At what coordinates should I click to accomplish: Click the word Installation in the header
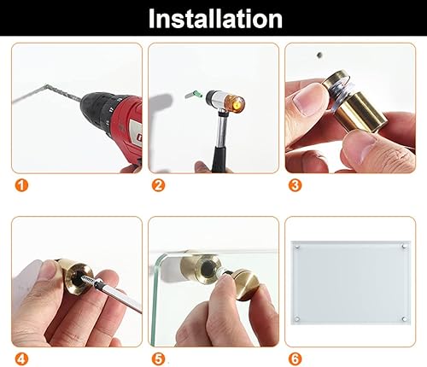215,19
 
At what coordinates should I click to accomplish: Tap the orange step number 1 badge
21,185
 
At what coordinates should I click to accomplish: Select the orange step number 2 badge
158,185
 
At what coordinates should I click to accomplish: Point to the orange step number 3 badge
295,185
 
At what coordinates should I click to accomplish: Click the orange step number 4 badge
21,359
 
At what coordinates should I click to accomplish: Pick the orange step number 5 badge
158,359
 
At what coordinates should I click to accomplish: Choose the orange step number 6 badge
295,359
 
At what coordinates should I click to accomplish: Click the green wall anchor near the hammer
193,94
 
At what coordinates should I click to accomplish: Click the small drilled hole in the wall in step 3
319,55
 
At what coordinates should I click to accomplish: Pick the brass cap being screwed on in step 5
245,284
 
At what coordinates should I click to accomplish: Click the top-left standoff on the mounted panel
297,246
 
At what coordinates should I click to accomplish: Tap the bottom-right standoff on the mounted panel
404,319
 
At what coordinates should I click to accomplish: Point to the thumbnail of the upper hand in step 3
305,102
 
